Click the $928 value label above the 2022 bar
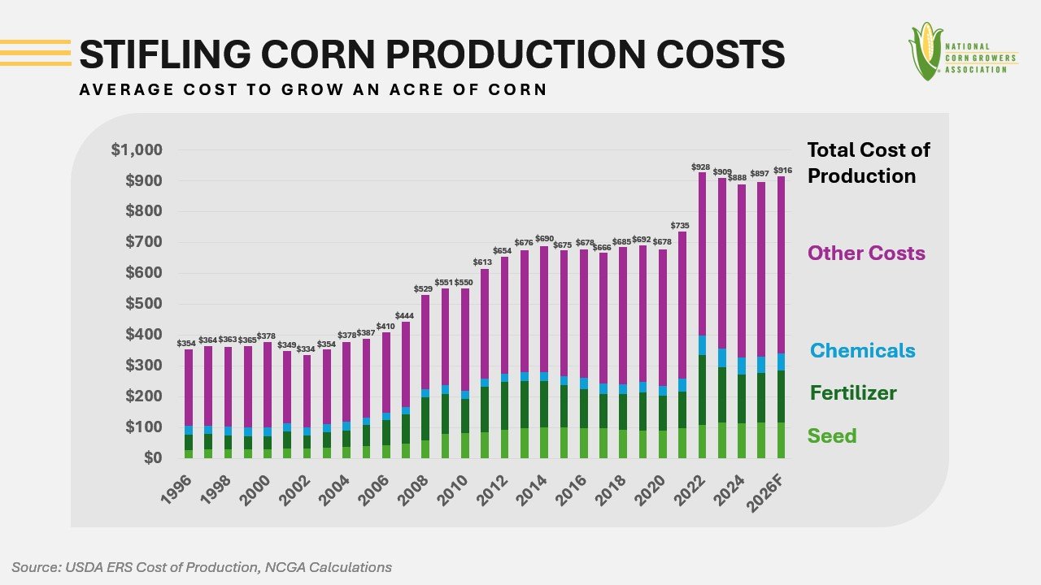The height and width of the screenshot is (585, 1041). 700,167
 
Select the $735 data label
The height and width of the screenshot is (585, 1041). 681,226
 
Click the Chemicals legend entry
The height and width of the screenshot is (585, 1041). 862,351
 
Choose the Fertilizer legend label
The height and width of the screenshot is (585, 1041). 852,393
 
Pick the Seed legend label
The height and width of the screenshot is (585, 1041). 832,436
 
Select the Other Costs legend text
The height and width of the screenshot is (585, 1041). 866,253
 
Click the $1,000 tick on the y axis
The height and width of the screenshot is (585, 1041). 137,150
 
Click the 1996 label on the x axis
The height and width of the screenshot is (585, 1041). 176,490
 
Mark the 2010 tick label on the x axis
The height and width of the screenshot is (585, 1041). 454,490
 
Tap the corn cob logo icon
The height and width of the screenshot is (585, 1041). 926,51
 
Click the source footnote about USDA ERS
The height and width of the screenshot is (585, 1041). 202,567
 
